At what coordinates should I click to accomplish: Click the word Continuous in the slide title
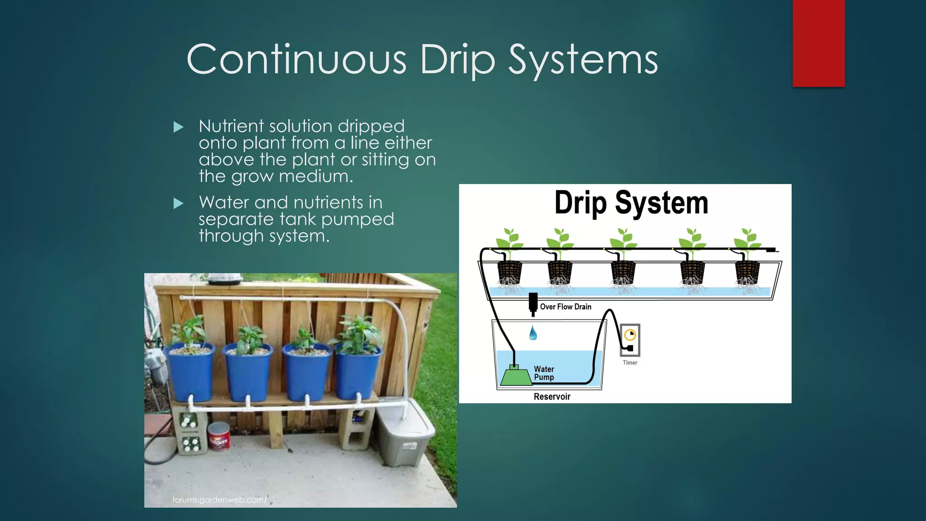[296, 60]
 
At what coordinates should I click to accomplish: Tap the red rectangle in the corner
[818, 43]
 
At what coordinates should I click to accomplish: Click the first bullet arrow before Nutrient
[179, 127]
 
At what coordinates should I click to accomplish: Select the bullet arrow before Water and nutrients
[179, 204]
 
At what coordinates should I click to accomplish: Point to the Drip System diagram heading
[631, 203]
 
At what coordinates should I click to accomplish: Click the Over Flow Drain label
[565, 307]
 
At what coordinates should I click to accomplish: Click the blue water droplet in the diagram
[533, 333]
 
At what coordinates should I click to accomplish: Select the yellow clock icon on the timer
[630, 335]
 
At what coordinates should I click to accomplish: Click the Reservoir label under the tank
[552, 397]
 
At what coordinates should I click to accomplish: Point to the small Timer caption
[630, 363]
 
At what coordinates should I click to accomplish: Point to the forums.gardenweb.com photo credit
[220, 500]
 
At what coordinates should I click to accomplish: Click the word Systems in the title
[583, 60]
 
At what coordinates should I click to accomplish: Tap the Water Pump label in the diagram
[543, 373]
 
